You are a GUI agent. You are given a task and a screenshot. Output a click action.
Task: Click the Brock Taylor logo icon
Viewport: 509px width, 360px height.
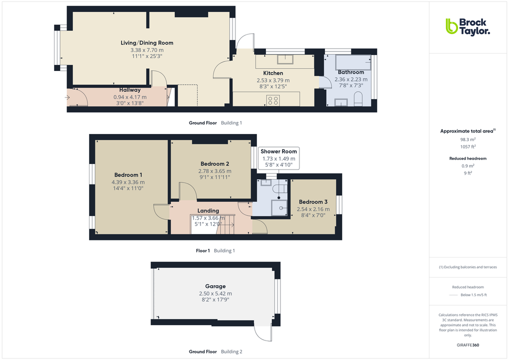point(451,26)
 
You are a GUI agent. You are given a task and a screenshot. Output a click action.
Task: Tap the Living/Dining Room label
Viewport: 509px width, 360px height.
point(147,43)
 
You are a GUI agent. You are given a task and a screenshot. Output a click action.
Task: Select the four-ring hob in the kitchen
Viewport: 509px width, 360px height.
point(273,100)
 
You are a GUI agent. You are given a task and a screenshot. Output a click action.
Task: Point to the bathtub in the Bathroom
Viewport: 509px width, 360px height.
point(353,62)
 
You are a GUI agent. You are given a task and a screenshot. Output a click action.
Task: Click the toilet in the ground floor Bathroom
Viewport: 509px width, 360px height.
point(357,99)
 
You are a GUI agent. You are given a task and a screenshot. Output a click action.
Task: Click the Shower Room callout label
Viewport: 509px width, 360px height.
point(278,151)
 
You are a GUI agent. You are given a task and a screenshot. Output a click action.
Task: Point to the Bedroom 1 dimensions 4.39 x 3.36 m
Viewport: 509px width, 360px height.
point(128,182)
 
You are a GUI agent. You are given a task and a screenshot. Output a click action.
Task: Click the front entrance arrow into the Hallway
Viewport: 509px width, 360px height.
point(67,97)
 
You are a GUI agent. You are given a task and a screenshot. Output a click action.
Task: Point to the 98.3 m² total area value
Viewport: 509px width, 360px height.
point(467,140)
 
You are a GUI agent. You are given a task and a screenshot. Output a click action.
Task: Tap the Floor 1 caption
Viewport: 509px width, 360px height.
point(202,250)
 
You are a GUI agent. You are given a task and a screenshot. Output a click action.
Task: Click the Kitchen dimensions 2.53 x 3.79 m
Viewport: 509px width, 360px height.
point(273,80)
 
